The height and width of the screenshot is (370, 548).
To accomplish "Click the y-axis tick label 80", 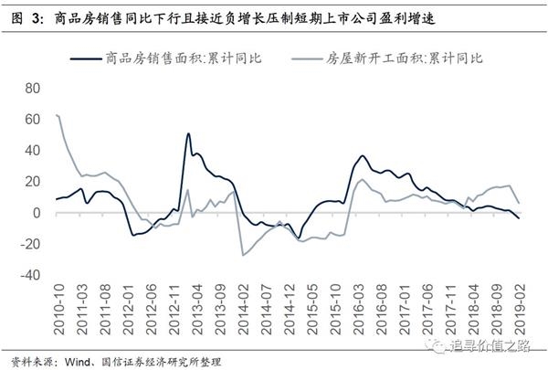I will coord(33,89).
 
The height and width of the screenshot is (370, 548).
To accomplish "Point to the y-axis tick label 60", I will coord(33,120).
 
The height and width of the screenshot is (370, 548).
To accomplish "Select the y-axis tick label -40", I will coord(30,275).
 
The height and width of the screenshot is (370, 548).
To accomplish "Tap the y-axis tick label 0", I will coord(37,213).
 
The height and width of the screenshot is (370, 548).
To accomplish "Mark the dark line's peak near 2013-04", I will coord(188,133).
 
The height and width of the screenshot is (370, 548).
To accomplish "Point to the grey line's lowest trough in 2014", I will coord(243,255).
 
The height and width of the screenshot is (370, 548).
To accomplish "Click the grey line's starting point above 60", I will coord(58,115).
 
